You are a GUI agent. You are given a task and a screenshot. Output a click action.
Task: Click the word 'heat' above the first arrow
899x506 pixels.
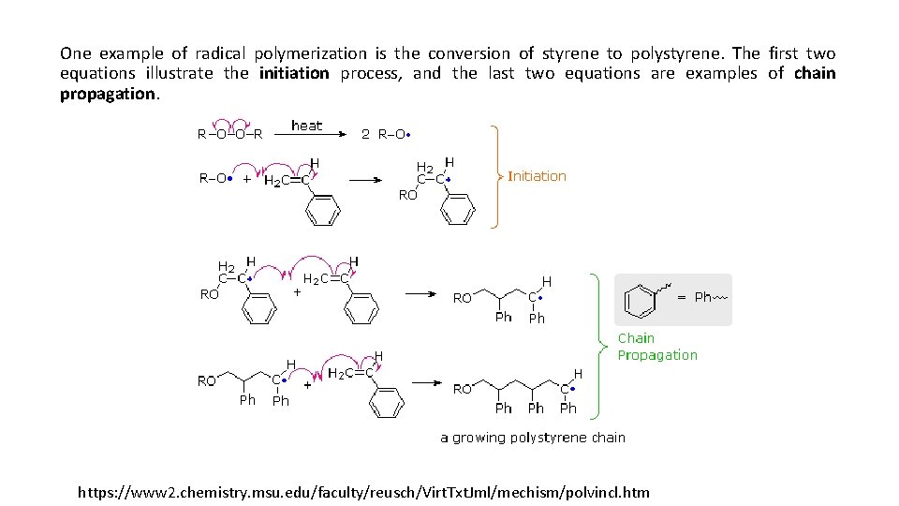click(307, 126)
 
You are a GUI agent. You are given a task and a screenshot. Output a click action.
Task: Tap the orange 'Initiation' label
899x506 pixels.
click(537, 176)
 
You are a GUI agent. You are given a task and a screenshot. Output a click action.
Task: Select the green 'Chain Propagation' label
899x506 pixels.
click(656, 347)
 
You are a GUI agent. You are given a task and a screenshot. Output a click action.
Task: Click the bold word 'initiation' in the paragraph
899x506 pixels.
click(294, 73)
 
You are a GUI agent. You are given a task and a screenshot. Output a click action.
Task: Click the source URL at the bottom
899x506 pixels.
click(363, 492)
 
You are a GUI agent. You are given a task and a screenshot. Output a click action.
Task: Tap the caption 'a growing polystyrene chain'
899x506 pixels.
click(533, 438)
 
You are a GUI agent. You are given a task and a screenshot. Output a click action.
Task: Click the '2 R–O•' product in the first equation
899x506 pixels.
click(386, 134)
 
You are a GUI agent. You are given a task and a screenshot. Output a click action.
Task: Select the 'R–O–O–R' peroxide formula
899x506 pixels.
click(229, 134)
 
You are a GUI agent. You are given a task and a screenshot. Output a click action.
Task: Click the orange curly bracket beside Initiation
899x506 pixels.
click(496, 176)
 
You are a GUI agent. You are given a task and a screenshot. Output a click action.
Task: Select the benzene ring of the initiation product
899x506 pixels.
click(457, 208)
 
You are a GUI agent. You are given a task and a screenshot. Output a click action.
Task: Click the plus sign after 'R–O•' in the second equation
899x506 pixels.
click(246, 179)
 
